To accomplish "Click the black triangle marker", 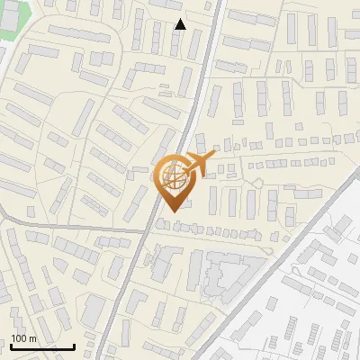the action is pyautogui.click(x=180, y=24).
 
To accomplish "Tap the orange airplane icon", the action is pyautogui.click(x=200, y=164).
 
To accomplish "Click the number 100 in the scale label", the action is pyautogui.click(x=20, y=338).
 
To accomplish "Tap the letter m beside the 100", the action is pyautogui.click(x=32, y=338).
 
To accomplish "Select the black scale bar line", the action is pyautogui.click(x=42, y=346).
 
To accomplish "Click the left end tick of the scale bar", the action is pyautogui.click(x=11, y=345).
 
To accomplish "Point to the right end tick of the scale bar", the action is pyautogui.click(x=74, y=345).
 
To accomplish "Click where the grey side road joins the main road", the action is pyautogui.click(x=145, y=230).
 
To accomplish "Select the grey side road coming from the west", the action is pyautogui.click(x=54, y=225).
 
